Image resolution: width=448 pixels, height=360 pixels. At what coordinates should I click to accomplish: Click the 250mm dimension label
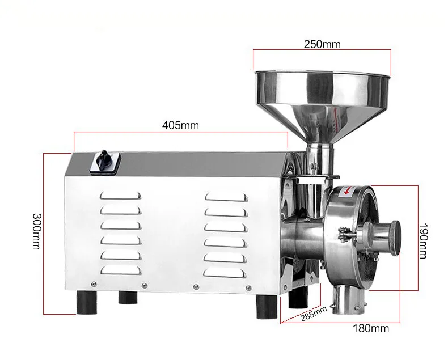(x=322, y=44)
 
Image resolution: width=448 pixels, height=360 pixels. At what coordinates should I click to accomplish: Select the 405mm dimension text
(x=180, y=126)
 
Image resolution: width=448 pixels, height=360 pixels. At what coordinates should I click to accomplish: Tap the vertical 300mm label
(x=37, y=233)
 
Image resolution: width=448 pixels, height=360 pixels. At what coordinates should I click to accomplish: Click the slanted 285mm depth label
(x=312, y=314)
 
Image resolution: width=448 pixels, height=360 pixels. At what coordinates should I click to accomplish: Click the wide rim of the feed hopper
(x=322, y=75)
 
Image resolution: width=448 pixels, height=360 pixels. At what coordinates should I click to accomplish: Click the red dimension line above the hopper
(x=322, y=51)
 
